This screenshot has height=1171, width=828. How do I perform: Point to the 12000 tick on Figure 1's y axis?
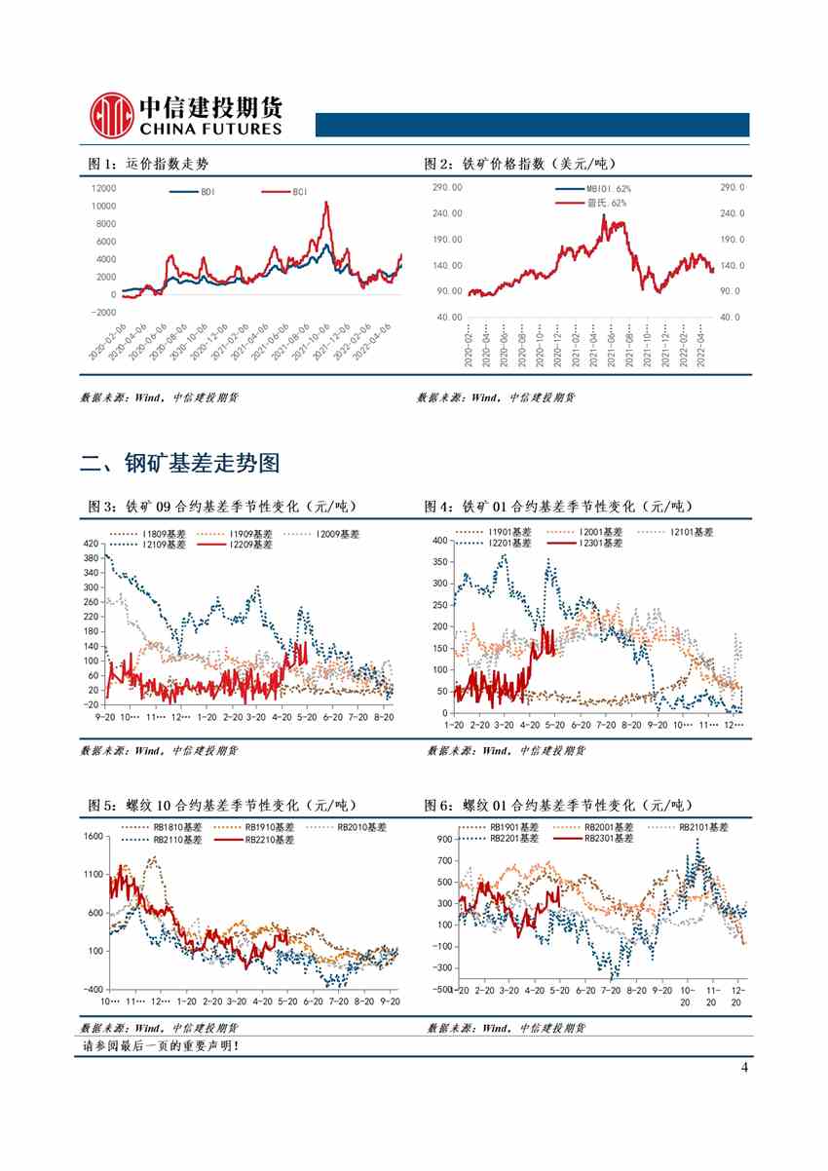click(102, 188)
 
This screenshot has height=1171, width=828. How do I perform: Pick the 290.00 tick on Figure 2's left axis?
click(448, 187)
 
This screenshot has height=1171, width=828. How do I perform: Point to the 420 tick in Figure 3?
click(93, 543)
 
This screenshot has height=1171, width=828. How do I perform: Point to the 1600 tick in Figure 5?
click(93, 836)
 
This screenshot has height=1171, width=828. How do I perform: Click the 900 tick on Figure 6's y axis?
click(443, 839)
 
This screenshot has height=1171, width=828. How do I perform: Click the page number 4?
click(744, 1068)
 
